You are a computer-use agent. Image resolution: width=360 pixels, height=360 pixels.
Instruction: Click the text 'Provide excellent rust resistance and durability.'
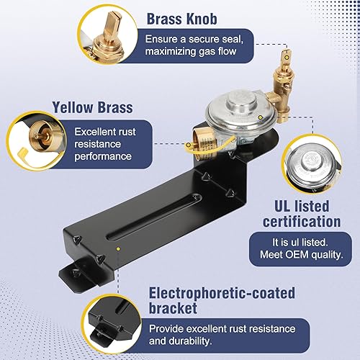pyautogui.click(x=230, y=336)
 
